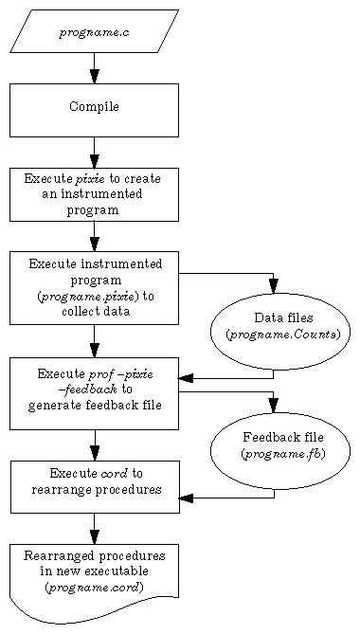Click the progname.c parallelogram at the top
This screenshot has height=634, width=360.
(94, 32)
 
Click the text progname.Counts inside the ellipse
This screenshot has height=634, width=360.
(282, 335)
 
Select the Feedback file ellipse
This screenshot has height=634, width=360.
(279, 450)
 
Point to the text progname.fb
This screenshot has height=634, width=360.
(282, 454)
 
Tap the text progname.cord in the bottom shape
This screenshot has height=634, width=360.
(94, 587)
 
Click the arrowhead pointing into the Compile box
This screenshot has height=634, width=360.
(94, 76)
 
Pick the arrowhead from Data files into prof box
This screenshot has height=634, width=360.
(187, 378)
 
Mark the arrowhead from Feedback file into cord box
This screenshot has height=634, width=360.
(187, 498)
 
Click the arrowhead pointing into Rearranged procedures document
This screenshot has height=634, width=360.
(94, 535)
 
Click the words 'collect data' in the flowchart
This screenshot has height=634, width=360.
(95, 311)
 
